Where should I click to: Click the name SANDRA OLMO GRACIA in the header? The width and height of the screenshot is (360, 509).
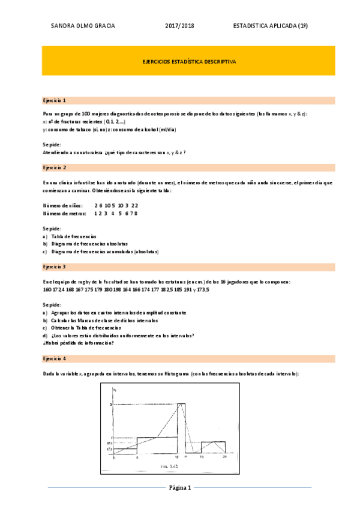[x=83, y=26]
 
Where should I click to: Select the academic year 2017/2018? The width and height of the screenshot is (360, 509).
[x=179, y=26]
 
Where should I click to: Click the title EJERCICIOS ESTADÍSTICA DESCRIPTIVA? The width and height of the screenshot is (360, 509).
[x=189, y=61]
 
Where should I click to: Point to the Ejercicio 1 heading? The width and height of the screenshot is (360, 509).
[x=55, y=100]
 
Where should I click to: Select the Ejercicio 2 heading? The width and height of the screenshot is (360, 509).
[x=55, y=167]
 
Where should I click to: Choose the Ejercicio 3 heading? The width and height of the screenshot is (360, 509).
[x=55, y=266]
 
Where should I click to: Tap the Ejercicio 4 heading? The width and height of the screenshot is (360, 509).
[x=55, y=358]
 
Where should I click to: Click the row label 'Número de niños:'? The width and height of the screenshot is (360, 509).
[x=63, y=205]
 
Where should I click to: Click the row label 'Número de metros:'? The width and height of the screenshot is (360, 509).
[x=65, y=213]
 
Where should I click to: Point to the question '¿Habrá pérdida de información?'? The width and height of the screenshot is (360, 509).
[x=79, y=343]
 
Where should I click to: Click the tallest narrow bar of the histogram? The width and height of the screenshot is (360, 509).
[x=181, y=429]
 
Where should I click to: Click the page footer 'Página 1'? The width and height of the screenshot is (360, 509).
[x=179, y=487]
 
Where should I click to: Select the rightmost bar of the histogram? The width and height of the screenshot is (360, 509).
[x=213, y=447]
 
